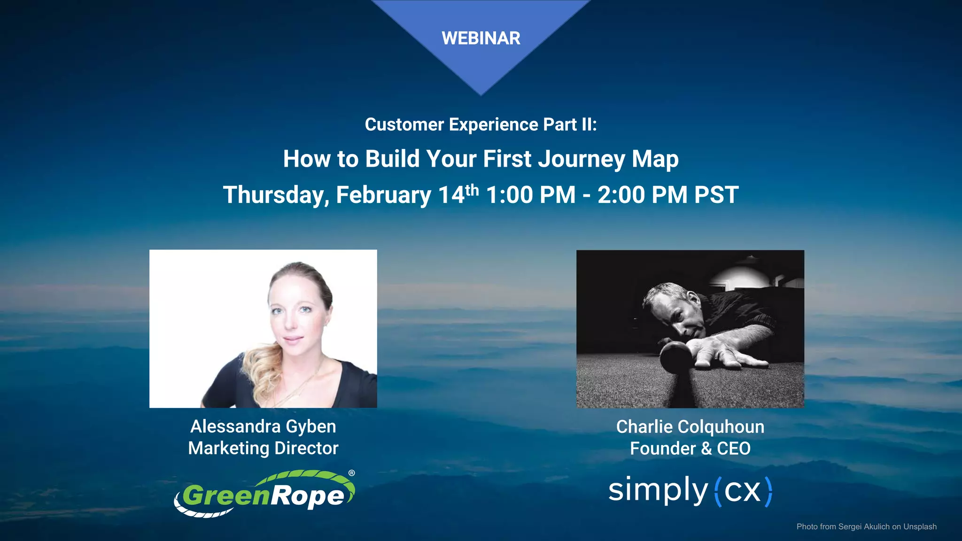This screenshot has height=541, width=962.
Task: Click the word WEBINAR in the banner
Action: coord(481,39)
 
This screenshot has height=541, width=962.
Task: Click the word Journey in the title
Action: coord(582,159)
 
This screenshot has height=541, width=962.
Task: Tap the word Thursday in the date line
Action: coord(276,195)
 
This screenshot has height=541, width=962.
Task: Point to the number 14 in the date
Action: coord(451,195)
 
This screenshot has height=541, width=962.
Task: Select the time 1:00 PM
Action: coord(531,195)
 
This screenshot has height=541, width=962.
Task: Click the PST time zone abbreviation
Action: coord(716,195)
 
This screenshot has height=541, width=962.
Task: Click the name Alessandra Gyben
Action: coord(263,426)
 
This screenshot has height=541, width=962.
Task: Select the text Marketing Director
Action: coord(263,448)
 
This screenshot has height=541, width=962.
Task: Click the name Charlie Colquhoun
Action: coord(690,427)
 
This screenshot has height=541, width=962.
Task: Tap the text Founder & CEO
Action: coord(690,448)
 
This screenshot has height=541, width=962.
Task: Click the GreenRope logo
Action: coord(264,494)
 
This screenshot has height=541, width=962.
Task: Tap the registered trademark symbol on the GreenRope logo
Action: coord(351,473)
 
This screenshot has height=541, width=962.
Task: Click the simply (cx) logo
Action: coord(690,491)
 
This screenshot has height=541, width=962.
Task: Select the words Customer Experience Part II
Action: coord(481,125)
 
